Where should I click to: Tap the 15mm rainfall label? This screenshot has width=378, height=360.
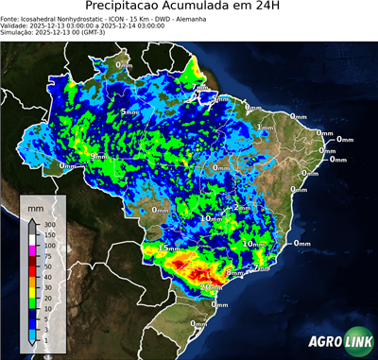click(x=169, y=248)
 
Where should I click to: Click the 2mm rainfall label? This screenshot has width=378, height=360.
click(x=242, y=207)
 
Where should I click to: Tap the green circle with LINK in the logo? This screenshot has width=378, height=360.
click(x=357, y=340)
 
